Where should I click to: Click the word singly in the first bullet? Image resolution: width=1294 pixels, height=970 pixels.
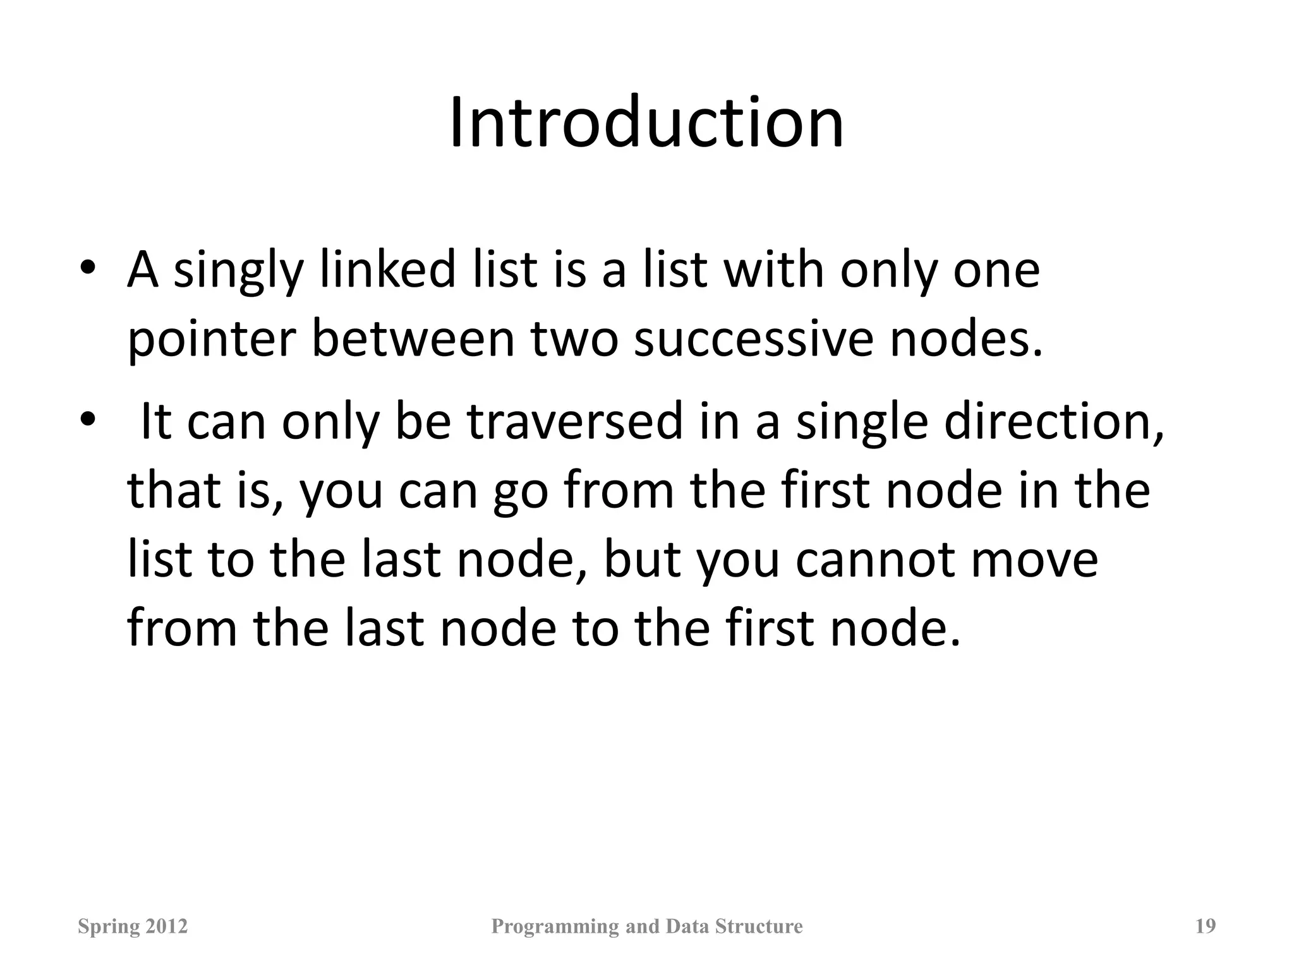238,272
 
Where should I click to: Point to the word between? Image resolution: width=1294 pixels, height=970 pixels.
413,339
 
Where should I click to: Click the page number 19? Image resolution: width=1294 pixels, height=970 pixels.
1206,926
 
